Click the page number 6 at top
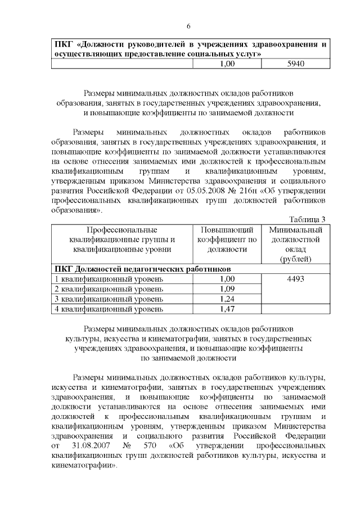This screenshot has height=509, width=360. point(188,26)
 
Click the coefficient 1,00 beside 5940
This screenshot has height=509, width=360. point(227,64)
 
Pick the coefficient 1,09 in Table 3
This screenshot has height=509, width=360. point(227,289)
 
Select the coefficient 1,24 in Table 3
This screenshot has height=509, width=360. point(227,299)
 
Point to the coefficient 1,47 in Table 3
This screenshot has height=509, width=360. point(227,309)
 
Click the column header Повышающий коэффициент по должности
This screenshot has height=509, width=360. point(227,240)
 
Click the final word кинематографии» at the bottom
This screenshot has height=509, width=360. point(84,466)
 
